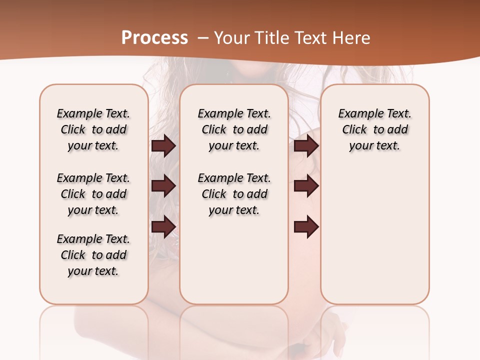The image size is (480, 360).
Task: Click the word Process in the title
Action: click(x=154, y=38)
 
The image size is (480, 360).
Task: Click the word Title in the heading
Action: click(x=269, y=38)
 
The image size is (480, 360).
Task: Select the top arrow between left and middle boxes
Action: click(x=163, y=146)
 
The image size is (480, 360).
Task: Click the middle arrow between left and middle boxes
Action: click(x=163, y=186)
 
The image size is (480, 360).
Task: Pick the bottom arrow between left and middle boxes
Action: click(x=163, y=226)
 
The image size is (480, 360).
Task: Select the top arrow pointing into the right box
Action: click(x=306, y=146)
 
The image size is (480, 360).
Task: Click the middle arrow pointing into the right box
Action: click(x=306, y=186)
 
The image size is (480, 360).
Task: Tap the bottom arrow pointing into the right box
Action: click(x=306, y=226)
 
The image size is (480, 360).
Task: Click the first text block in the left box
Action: click(x=93, y=129)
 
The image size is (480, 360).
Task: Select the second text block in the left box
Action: click(x=93, y=194)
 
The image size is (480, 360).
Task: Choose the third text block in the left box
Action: click(x=93, y=255)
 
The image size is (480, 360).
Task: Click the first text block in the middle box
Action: click(x=234, y=129)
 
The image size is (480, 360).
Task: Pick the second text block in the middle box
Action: click(x=234, y=194)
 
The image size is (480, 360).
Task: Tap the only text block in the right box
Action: click(x=374, y=129)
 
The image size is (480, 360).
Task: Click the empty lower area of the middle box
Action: click(x=234, y=260)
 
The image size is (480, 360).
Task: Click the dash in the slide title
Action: click(x=203, y=38)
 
